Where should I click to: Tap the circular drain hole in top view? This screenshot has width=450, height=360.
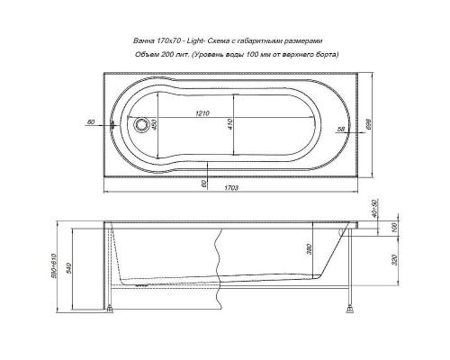tap(140, 126)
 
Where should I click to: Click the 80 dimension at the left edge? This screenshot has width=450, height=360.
tap(92, 121)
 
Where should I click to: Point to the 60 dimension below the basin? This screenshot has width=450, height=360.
tap(205, 184)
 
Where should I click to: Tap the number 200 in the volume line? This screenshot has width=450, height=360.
tap(179, 55)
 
